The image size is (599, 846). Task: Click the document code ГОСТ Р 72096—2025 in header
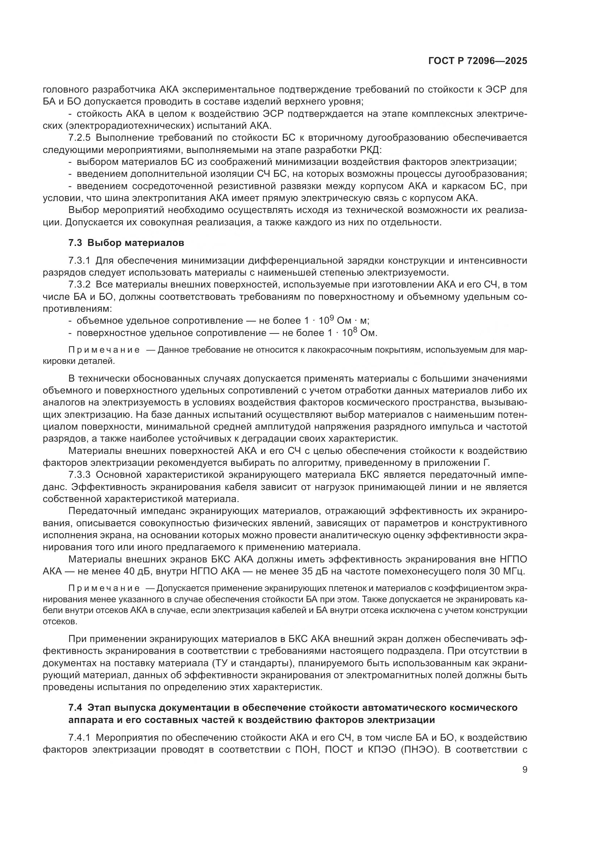tap(478, 61)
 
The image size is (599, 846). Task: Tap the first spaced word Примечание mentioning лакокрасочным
tap(104, 350)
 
